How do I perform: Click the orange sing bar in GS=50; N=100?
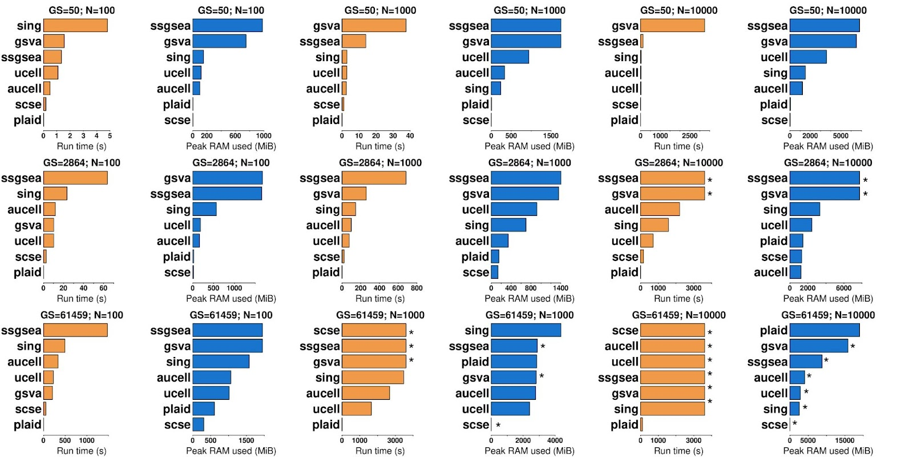[75, 25]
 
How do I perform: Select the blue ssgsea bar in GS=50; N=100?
[227, 25]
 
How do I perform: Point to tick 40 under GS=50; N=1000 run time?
[410, 136]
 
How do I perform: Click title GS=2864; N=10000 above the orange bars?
[678, 163]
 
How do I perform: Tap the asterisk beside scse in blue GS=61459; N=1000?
[498, 426]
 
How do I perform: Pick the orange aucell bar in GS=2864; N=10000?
[660, 210]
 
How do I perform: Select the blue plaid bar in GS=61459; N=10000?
[825, 330]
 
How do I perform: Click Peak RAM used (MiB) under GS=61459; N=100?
[231, 451]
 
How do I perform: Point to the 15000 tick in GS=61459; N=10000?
[845, 440]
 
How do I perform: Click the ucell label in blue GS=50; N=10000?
[774, 57]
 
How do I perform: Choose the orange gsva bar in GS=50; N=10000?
[672, 25]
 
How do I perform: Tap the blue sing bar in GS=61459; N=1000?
[526, 330]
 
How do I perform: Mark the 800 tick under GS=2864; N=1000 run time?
[417, 288]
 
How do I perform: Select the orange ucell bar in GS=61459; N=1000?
[357, 409]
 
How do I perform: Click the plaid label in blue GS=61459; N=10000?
[773, 330]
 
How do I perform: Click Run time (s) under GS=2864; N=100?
[82, 298]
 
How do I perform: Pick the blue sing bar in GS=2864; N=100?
[204, 210]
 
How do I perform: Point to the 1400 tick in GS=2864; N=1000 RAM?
[560, 288]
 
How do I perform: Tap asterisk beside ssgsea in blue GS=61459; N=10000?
[826, 361]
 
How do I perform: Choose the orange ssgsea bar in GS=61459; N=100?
[75, 330]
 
